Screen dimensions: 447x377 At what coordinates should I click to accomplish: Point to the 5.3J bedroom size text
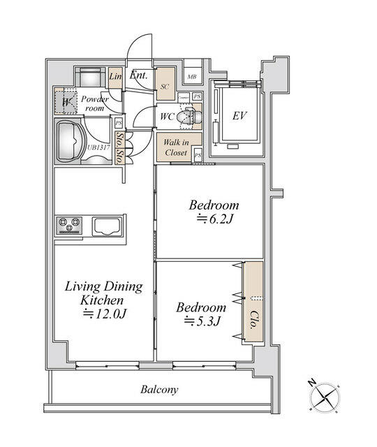click(x=202, y=322)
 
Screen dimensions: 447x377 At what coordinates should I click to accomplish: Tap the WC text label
click(x=166, y=117)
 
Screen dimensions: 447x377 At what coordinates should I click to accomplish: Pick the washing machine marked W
click(x=65, y=103)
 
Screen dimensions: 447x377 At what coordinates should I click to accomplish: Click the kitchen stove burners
click(x=71, y=226)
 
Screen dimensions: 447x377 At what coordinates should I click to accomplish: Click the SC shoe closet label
click(x=165, y=87)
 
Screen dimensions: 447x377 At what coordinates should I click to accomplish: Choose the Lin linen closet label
click(x=115, y=76)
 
